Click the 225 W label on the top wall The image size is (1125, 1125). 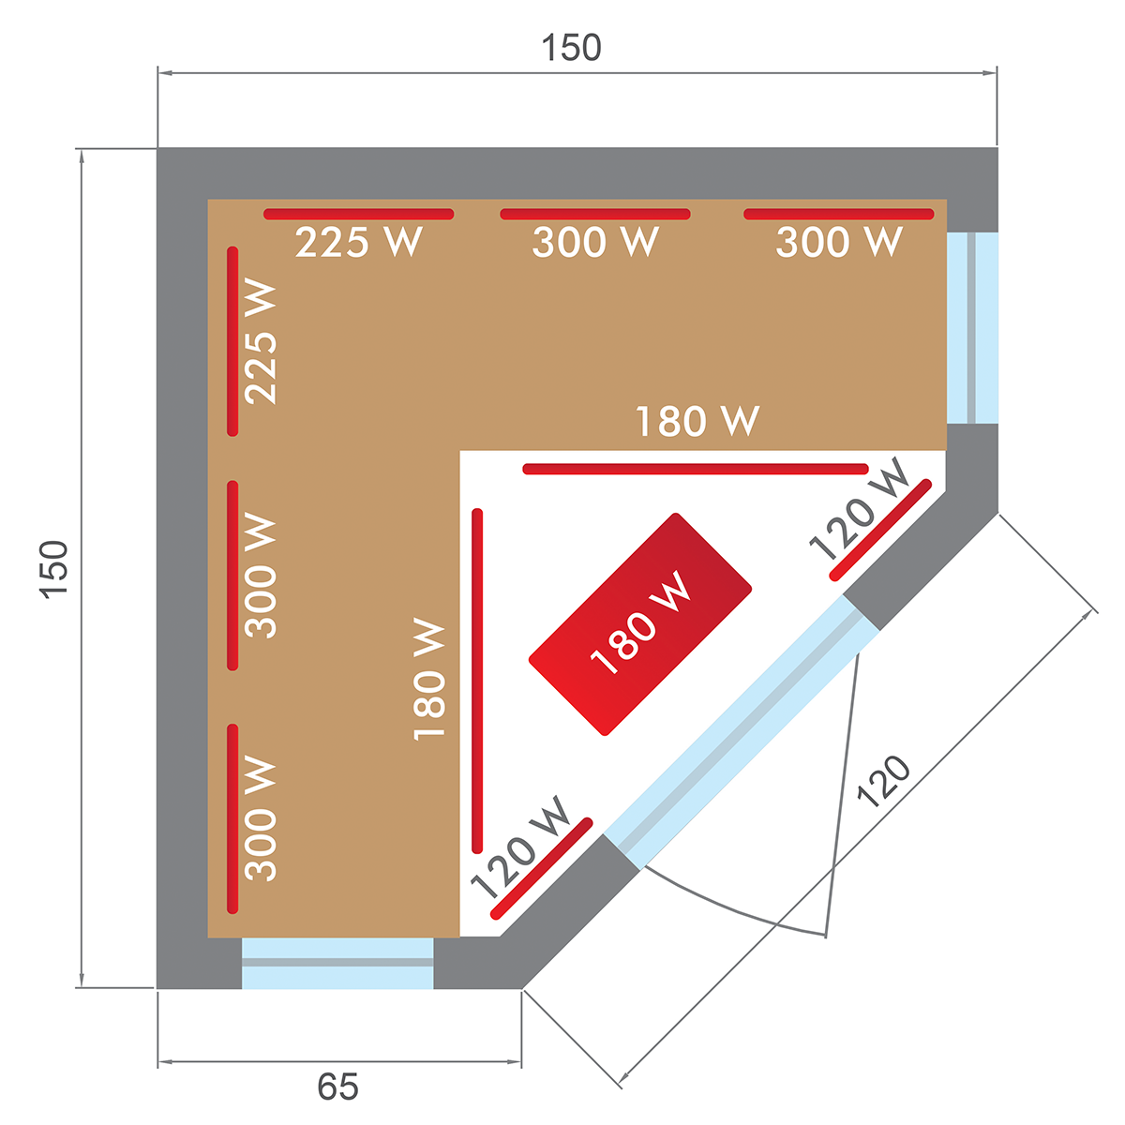click(359, 243)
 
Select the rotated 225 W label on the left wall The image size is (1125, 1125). click(262, 341)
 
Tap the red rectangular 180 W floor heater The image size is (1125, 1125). click(640, 623)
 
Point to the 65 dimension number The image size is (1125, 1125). click(337, 1087)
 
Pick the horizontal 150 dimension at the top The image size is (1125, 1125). click(572, 48)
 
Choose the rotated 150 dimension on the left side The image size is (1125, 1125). click(54, 568)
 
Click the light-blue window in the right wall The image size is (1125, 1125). click(972, 327)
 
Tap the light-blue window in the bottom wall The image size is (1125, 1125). click(337, 962)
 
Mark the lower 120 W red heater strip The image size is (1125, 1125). click(542, 868)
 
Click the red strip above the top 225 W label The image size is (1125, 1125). click(359, 214)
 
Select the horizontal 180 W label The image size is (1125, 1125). click(697, 422)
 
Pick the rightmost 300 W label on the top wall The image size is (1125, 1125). click(839, 243)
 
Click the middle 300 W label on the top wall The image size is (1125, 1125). click(595, 243)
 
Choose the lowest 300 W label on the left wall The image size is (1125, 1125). click(262, 817)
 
